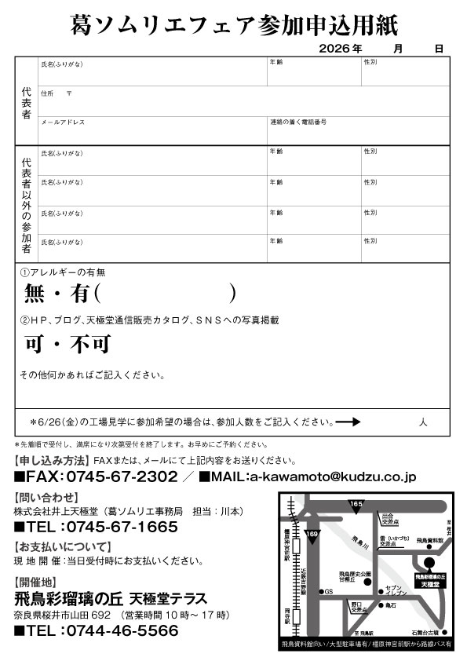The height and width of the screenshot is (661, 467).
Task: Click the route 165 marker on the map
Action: coord(356,504)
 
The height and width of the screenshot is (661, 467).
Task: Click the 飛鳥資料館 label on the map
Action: coord(430,541)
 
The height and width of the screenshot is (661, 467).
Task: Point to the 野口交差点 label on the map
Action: coord(359,605)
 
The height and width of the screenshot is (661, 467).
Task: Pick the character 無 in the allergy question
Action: coord(36,294)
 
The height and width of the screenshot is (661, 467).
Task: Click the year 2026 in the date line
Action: coord(334,49)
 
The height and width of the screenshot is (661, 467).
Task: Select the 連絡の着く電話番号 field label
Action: coord(298,122)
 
